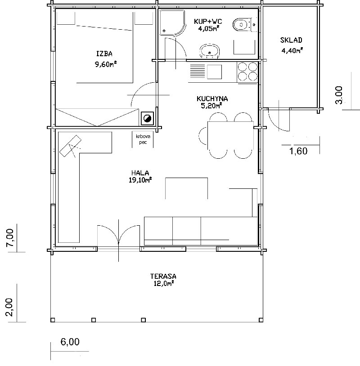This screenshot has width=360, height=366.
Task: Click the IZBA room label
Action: click(104, 54)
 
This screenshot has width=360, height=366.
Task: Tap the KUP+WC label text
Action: click(208, 22)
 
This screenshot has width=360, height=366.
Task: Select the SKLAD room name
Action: click(291, 40)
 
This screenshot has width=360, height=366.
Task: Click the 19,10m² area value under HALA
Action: click(140, 180)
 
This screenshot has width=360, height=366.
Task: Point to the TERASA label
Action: click(163, 277)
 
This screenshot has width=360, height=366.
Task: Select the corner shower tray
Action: click(172, 22)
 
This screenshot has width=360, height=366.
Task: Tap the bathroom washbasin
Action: click(210, 51)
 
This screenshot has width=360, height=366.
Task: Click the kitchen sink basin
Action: click(214, 71)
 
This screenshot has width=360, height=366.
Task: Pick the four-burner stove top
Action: click(247, 71)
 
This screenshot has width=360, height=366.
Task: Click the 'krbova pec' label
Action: click(143, 139)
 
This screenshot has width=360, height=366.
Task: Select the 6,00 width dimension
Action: click(70, 342)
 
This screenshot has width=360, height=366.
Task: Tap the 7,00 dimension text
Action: click(10, 238)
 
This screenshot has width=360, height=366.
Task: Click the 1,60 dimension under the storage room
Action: click(298, 152)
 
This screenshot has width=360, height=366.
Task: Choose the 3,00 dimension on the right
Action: click(339, 95)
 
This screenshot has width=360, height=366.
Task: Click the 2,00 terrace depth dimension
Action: click(9, 307)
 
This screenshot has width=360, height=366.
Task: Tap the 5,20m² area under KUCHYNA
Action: click(211, 106)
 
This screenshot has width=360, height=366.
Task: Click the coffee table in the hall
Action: click(186, 188)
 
